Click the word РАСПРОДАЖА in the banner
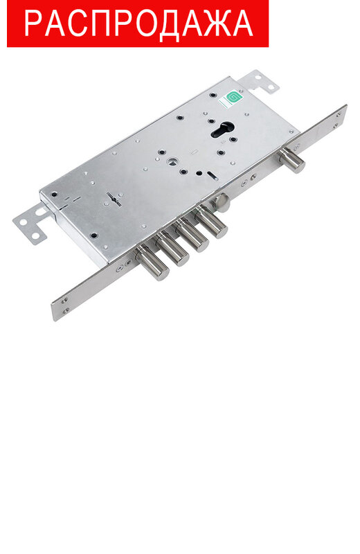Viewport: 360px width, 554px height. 138,23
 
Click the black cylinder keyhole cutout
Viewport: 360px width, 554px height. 222,130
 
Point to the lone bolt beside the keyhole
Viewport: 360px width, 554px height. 293,161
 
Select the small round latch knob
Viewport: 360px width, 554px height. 222,203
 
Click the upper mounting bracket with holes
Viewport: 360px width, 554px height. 259,82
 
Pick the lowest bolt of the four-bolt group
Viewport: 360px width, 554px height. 153,263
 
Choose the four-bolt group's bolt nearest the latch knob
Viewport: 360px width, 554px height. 212,222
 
